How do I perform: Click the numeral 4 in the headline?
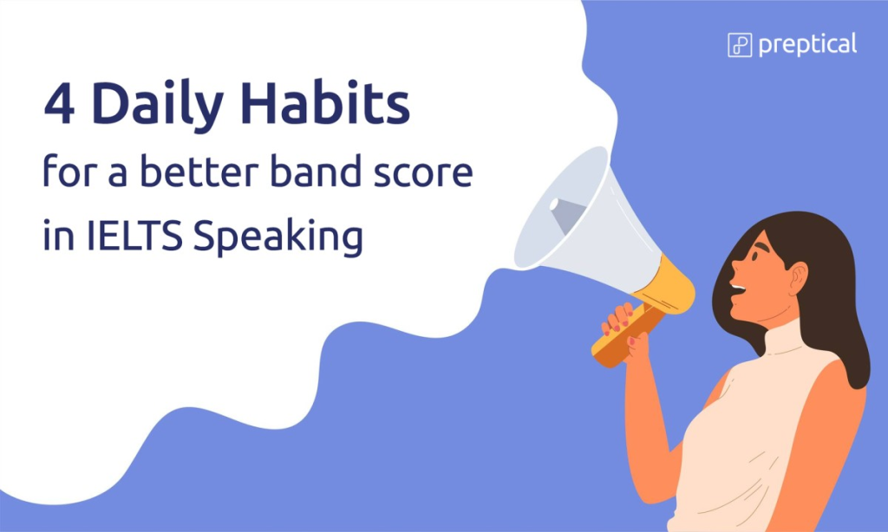click(60, 104)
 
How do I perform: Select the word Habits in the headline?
click(325, 103)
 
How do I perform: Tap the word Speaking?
click(277, 237)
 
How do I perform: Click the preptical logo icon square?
click(740, 45)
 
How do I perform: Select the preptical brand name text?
click(807, 45)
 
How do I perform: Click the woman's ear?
click(799, 278)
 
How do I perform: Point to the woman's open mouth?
click(737, 289)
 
